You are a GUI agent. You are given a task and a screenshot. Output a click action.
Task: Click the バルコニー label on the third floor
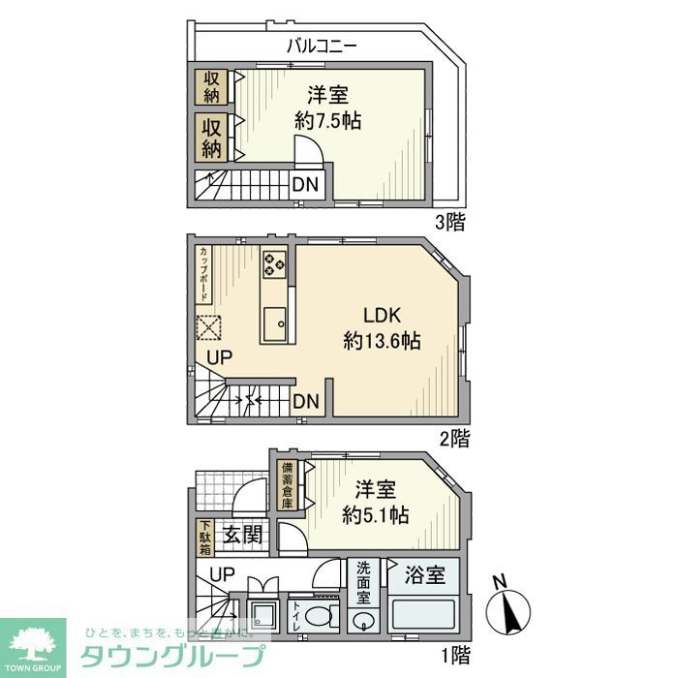coord(323,45)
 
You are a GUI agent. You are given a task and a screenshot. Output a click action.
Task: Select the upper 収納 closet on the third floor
coord(211,86)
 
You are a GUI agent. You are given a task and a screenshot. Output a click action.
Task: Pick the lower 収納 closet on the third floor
coord(211,137)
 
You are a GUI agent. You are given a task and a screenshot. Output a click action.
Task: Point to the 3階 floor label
coord(449,222)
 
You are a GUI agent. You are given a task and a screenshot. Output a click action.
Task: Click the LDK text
coord(382,316)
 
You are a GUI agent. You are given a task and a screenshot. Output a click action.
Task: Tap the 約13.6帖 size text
coord(382,341)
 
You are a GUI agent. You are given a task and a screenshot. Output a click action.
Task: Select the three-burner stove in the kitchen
coord(274,262)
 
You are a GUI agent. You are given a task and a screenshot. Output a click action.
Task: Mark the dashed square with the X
coord(209,328)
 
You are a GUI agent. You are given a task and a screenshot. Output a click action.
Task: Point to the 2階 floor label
coord(452,439)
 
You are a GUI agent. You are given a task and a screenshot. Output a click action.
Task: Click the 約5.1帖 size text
coord(375,515)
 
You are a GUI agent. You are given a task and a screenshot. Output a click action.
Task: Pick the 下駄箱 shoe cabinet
coord(205,539)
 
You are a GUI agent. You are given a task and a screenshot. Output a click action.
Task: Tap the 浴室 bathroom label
coord(425,575)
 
